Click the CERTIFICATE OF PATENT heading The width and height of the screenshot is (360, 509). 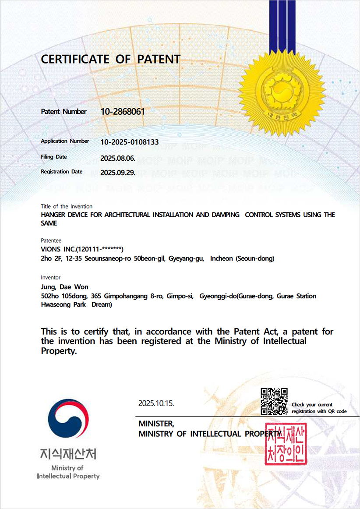tap(110, 60)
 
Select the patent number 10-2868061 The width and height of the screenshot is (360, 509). tap(123, 111)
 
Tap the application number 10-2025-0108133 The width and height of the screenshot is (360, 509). tap(129, 142)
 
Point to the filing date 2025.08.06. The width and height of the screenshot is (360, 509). tap(118, 157)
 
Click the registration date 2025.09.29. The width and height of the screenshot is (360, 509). tap(118, 173)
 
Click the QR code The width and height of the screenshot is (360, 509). tap(274, 401)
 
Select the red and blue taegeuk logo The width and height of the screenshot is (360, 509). tap(68, 421)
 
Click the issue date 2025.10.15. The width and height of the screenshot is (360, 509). tap(156, 403)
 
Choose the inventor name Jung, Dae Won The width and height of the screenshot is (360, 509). tap(64, 287)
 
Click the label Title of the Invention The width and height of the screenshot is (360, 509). tap(67, 206)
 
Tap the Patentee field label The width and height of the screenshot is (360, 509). tap(51, 240)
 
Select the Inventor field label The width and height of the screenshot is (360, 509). tap(50, 278)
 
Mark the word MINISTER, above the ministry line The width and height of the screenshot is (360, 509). tap(156, 424)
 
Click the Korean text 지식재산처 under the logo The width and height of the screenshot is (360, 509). tap(68, 453)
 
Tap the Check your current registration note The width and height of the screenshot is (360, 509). tap(319, 408)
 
